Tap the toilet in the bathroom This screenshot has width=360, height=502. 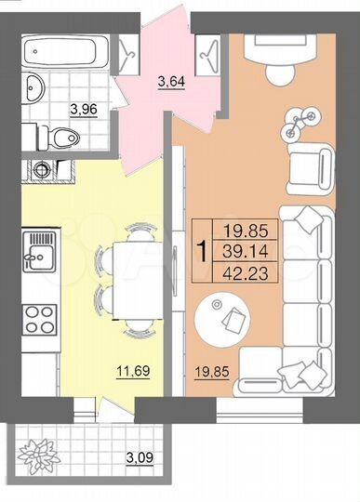63,139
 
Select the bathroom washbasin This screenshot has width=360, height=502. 33,89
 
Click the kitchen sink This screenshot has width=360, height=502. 40,251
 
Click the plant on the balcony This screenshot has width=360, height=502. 39,455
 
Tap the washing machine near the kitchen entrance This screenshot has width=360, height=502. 42,171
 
